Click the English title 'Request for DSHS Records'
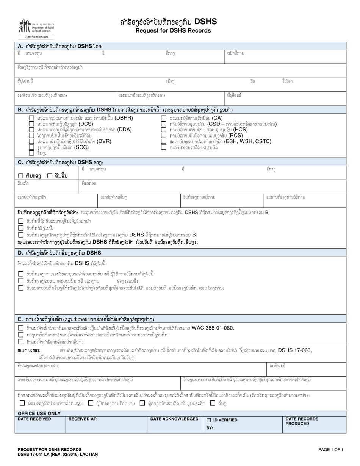[169, 30]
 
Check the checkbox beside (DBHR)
[31, 118]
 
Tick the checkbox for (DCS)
[31, 124]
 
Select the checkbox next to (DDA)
[31, 129]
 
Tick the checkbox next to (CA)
[163, 118]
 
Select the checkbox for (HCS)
[163, 129]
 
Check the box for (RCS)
[163, 135]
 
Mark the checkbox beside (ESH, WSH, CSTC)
[163, 141]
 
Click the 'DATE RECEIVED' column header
[34, 419]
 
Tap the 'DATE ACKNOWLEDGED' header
[174, 419]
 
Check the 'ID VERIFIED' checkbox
[208, 420]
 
